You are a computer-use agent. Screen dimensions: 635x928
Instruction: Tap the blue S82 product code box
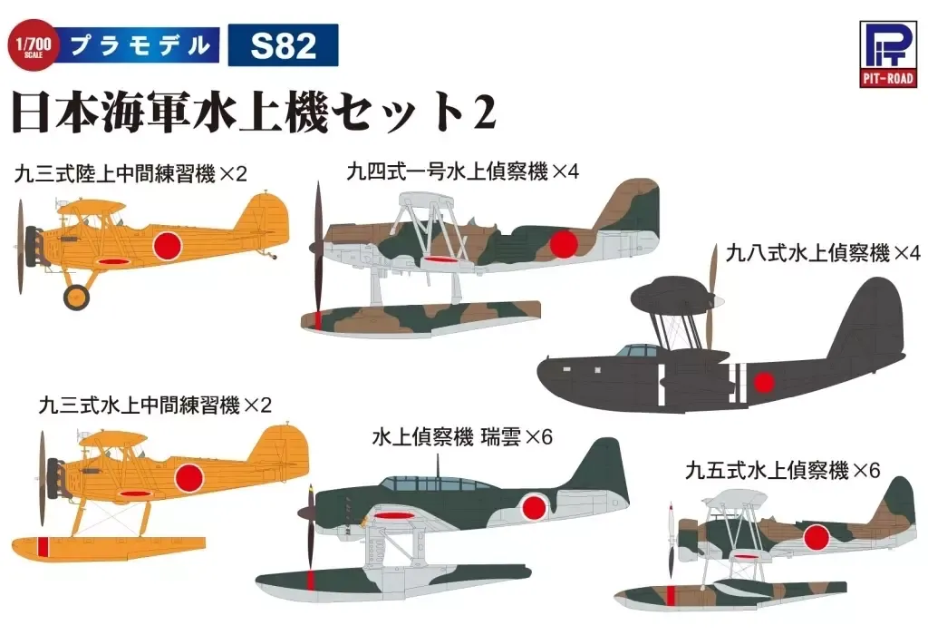pyautogui.click(x=283, y=45)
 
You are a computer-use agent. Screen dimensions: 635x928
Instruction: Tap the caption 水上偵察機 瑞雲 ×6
pyautogui.click(x=462, y=437)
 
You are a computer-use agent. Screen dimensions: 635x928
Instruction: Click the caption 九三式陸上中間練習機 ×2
pyautogui.click(x=130, y=173)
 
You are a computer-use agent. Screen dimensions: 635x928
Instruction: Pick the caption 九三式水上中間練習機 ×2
pyautogui.click(x=155, y=405)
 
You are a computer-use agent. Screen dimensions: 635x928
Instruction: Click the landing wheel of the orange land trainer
pyautogui.click(x=78, y=296)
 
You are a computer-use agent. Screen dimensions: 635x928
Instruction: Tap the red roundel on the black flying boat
pyautogui.click(x=764, y=383)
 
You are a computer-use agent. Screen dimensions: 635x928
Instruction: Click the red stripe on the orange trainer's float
pyautogui.click(x=42, y=546)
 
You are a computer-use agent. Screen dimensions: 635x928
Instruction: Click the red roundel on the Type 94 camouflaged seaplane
pyautogui.click(x=564, y=242)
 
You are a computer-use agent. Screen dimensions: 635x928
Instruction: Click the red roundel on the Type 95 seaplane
pyautogui.click(x=817, y=540)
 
